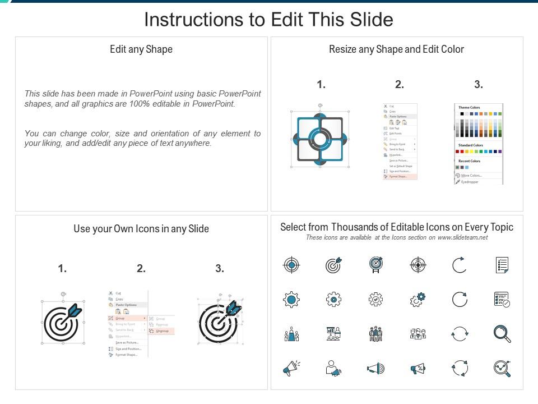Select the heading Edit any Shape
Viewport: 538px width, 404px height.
tap(141, 49)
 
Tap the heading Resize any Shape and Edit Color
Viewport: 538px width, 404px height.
tap(396, 49)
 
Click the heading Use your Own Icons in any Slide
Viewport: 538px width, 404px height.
tap(141, 229)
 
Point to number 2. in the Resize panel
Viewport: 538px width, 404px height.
tap(399, 85)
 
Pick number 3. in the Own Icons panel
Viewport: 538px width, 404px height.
tap(220, 269)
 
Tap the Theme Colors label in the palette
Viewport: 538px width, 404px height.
tap(469, 107)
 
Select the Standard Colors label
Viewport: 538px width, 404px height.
tap(471, 145)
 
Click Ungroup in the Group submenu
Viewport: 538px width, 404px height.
tap(162, 331)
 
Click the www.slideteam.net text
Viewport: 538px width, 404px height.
tap(462, 237)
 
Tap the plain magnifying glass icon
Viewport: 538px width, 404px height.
tap(502, 333)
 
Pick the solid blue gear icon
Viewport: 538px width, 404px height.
tap(291, 300)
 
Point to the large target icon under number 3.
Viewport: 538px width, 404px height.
tap(220, 322)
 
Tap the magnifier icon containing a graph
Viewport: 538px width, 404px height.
tap(502, 368)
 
